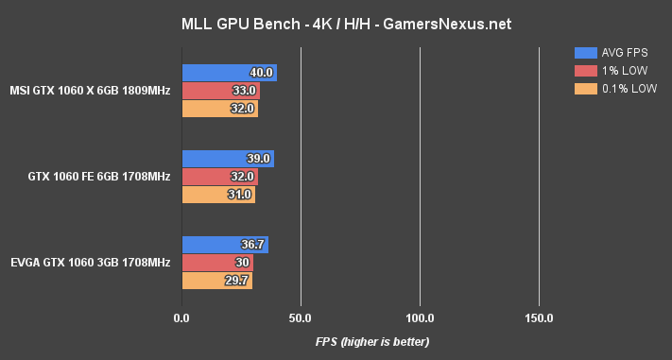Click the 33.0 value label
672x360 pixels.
point(245,91)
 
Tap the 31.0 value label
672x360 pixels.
point(240,195)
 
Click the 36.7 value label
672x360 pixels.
point(254,245)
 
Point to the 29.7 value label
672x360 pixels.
point(237,281)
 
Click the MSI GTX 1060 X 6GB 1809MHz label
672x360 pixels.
point(90,91)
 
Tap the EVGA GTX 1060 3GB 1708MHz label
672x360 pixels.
point(91,263)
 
